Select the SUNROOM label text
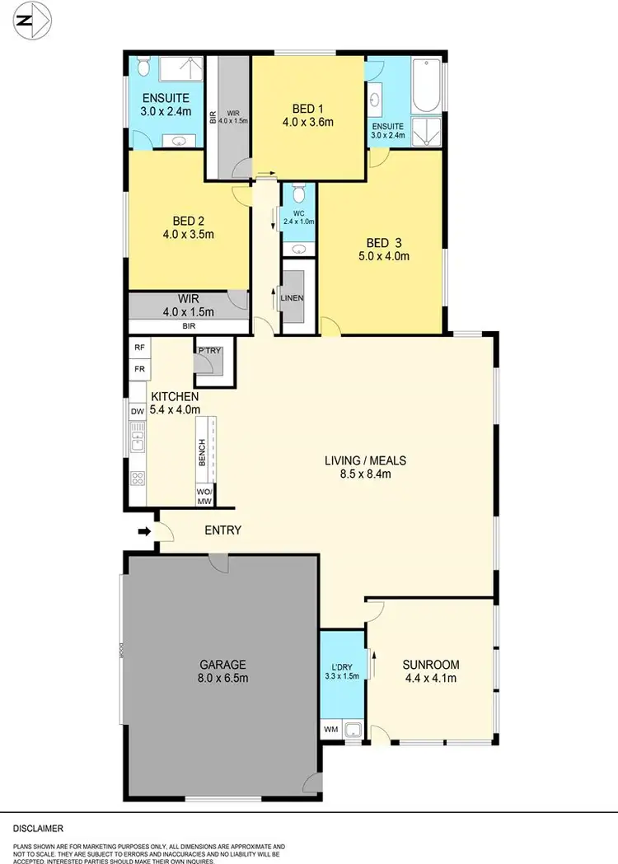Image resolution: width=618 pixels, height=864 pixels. pyautogui.click(x=430, y=665)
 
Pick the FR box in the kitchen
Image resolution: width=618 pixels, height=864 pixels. pyautogui.click(x=138, y=370)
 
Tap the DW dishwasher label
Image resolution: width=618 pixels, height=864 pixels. pyautogui.click(x=138, y=412)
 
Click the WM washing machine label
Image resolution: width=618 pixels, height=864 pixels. pyautogui.click(x=331, y=730)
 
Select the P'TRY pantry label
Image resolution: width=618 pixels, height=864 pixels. pyautogui.click(x=209, y=352)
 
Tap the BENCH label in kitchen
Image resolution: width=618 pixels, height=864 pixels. pyautogui.click(x=203, y=452)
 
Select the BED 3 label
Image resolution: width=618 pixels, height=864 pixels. pyautogui.click(x=387, y=243)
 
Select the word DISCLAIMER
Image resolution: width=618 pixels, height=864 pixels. pyautogui.click(x=38, y=828)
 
